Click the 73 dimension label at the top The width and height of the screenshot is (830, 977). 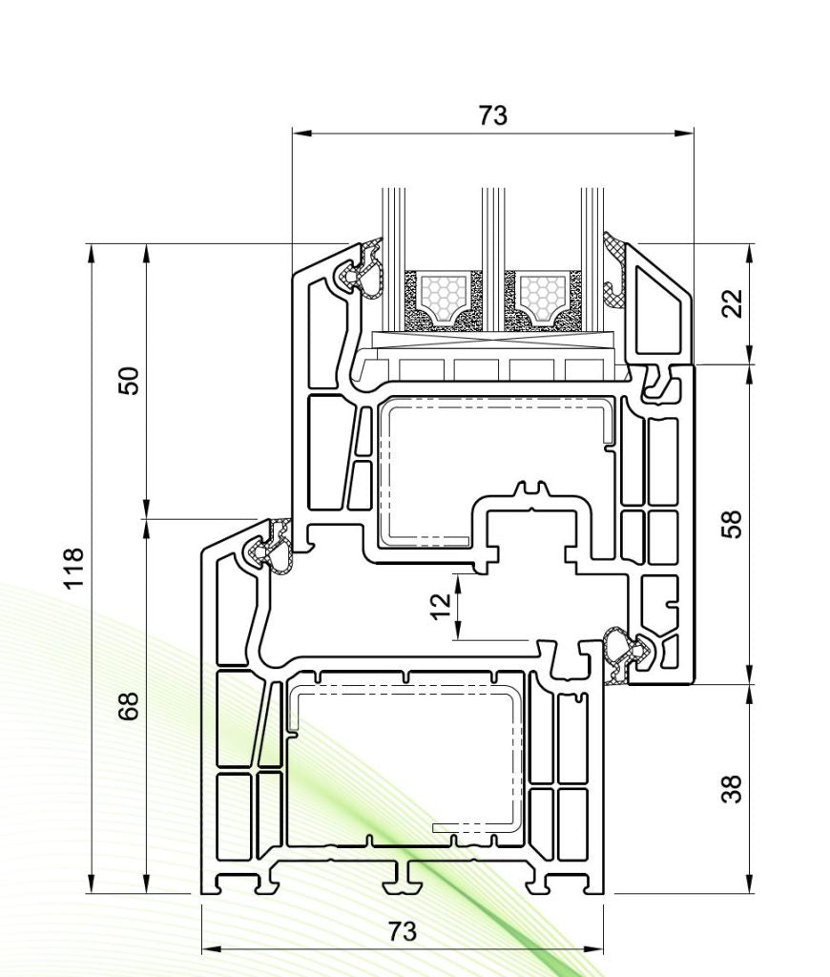tap(492, 115)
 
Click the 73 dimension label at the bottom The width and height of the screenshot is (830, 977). tap(402, 931)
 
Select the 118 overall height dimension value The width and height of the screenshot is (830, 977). tap(73, 569)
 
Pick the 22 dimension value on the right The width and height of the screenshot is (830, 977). tap(732, 304)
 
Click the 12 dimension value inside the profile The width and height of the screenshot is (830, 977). tap(440, 606)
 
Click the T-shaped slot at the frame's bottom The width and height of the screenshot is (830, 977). tap(404, 876)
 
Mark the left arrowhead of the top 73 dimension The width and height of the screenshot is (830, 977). tap(297, 134)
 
